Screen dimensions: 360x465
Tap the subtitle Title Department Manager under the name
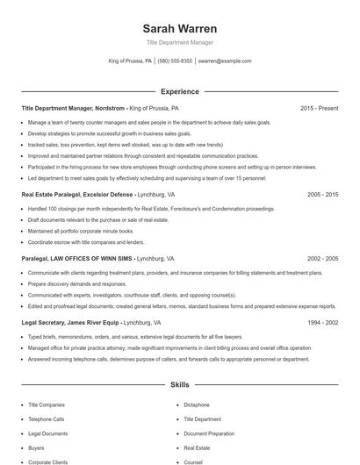click(x=180, y=42)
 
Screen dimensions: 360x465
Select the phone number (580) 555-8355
click(x=176, y=61)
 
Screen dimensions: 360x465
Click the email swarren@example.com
click(x=225, y=61)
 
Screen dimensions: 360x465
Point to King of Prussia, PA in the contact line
click(x=130, y=61)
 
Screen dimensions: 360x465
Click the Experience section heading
click(x=180, y=91)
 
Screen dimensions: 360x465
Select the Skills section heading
click(x=180, y=384)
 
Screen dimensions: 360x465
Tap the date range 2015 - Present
click(x=320, y=108)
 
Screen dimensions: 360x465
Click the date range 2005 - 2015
click(x=323, y=194)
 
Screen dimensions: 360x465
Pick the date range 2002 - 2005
click(x=323, y=259)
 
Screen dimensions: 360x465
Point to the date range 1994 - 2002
click(x=323, y=322)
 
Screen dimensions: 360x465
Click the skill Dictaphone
click(x=197, y=404)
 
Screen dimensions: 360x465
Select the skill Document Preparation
click(x=208, y=433)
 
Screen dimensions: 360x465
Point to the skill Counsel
click(x=193, y=461)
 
